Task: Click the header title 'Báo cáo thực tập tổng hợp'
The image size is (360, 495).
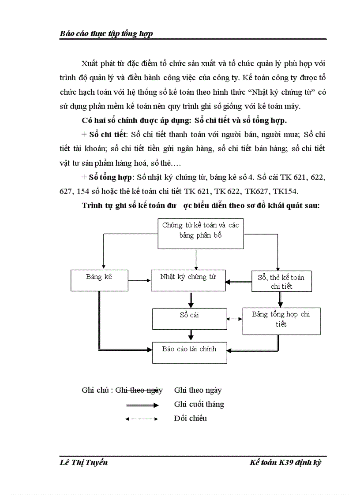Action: point(106,33)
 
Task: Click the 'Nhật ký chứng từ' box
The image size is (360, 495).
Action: point(188,280)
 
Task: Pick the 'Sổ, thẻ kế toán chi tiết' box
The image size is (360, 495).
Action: point(281,281)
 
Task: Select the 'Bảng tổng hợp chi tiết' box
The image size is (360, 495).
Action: point(281,320)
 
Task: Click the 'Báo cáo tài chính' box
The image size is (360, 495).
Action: point(189,352)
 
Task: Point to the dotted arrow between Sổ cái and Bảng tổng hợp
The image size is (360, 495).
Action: point(235,319)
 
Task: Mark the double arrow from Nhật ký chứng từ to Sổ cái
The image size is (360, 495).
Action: point(191,299)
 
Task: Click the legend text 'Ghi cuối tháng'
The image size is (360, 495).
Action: point(199,404)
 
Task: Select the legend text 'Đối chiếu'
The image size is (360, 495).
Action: point(190,418)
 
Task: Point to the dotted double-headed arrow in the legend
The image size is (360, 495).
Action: point(142,419)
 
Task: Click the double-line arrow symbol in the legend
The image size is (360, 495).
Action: point(142,405)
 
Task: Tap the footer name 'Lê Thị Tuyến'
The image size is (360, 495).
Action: point(83,462)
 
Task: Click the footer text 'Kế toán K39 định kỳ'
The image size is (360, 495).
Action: point(285,462)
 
